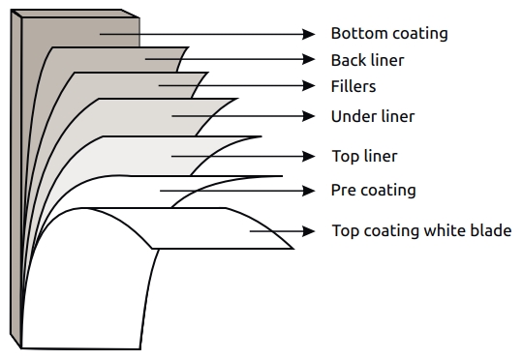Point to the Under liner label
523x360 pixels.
[x=373, y=117]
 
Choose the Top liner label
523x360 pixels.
[x=364, y=156]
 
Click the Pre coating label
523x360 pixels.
[x=373, y=190]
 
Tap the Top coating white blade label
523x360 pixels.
[x=421, y=230]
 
